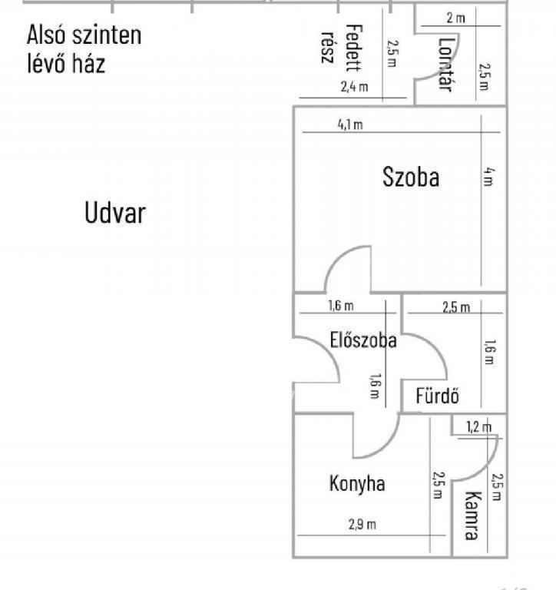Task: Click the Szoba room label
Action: coord(411,177)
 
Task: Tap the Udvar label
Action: coord(115,213)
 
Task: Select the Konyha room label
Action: coord(357,484)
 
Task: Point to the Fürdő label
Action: coord(438,396)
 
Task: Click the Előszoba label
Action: coord(363,340)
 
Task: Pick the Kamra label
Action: coord(472,515)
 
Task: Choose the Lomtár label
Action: coord(446,65)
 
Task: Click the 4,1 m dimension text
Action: coord(350,124)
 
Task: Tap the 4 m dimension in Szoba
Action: coord(488,177)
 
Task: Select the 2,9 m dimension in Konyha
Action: coord(362,524)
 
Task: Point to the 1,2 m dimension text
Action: coord(479,426)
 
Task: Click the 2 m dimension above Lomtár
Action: coord(456,18)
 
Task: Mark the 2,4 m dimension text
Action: coord(354,87)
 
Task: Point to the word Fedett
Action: coord(354,48)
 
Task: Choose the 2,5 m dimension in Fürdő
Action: coord(456,307)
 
